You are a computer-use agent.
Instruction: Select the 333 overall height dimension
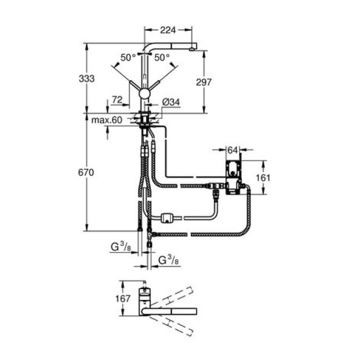[x=86, y=79]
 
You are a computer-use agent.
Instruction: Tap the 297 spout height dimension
[x=204, y=82]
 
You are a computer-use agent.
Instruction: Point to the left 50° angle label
[x=128, y=57]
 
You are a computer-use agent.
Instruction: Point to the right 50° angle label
[x=162, y=57]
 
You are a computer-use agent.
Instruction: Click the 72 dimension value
[x=117, y=99]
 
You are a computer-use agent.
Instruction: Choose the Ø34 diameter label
[x=171, y=102]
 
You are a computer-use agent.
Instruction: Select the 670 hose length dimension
[x=86, y=173]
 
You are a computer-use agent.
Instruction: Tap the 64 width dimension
[x=232, y=150]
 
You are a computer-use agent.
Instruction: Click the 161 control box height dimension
[x=263, y=177]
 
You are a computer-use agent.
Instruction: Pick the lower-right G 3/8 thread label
[x=168, y=260]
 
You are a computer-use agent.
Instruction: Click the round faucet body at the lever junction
[x=145, y=93]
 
